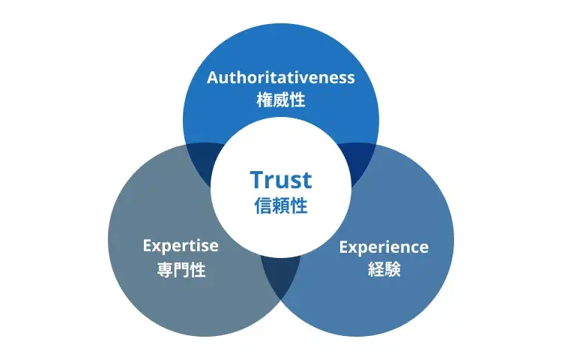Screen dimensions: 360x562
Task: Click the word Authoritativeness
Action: (x=281, y=78)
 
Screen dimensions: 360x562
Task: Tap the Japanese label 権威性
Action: (x=281, y=100)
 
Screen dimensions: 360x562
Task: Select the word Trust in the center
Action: (x=281, y=180)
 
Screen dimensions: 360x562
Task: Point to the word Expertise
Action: (x=181, y=245)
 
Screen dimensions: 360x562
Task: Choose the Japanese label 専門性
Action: (x=181, y=269)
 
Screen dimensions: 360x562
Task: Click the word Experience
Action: (x=384, y=247)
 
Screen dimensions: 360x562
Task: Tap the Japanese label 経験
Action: (x=384, y=269)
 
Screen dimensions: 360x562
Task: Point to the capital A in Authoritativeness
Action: (x=212, y=78)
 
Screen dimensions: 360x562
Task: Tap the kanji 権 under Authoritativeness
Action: (x=264, y=100)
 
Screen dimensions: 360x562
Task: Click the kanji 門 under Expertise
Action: (x=181, y=269)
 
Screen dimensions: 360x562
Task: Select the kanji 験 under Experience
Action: (x=393, y=269)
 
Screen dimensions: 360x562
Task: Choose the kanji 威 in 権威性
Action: (x=281, y=100)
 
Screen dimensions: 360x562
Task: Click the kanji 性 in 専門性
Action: (x=198, y=269)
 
